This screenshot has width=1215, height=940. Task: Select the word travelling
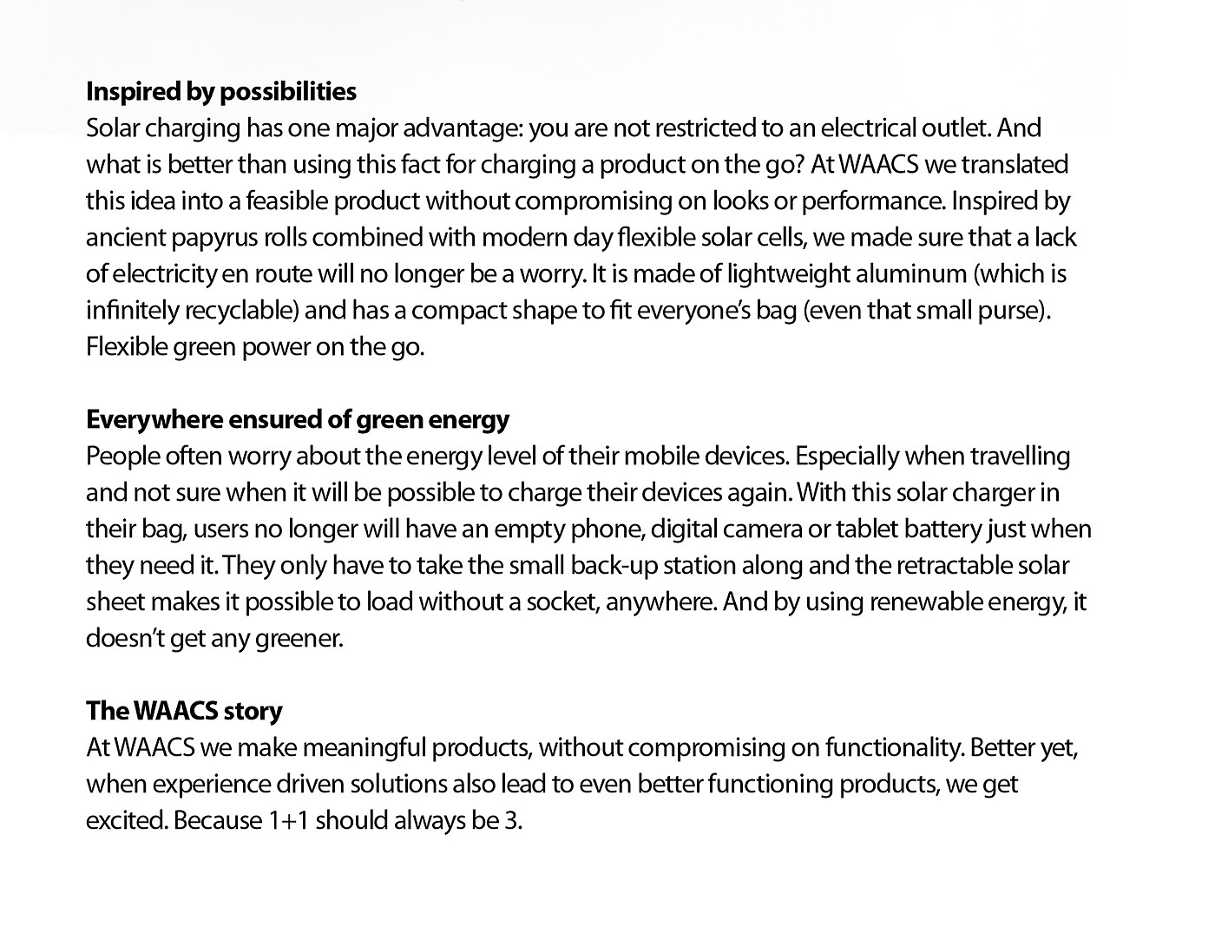1020,457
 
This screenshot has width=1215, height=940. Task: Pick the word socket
562,602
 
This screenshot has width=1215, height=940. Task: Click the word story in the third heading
253,712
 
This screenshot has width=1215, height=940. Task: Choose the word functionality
895,748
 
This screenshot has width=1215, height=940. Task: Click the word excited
126,821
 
